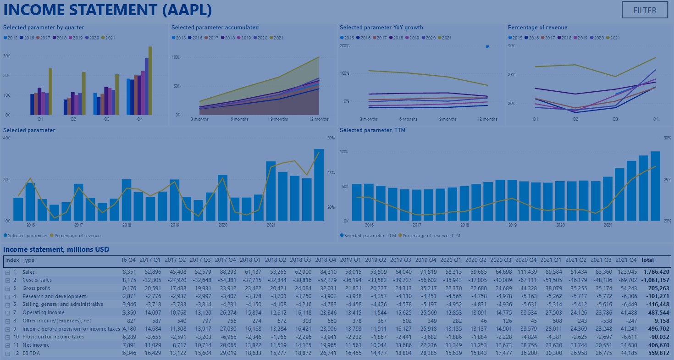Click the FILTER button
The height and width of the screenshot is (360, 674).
point(645,10)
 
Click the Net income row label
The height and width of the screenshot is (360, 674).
point(36,345)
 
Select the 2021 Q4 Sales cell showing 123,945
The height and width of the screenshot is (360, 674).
point(628,272)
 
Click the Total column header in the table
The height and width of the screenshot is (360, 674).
point(647,260)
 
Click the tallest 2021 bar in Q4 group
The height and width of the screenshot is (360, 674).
point(150,81)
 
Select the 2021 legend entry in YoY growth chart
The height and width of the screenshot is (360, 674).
point(444,38)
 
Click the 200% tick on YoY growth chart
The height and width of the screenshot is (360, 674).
point(344,46)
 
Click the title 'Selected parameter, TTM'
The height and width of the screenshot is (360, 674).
point(372,130)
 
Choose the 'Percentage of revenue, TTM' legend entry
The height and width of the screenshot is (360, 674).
point(431,236)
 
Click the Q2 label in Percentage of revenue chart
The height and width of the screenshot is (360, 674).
point(575,119)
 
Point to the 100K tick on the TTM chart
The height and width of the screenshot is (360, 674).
point(344,151)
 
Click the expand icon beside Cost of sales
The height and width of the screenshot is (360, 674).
point(7,280)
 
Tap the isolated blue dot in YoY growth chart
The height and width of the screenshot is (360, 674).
point(487,46)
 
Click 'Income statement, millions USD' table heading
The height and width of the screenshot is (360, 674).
point(56,249)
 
